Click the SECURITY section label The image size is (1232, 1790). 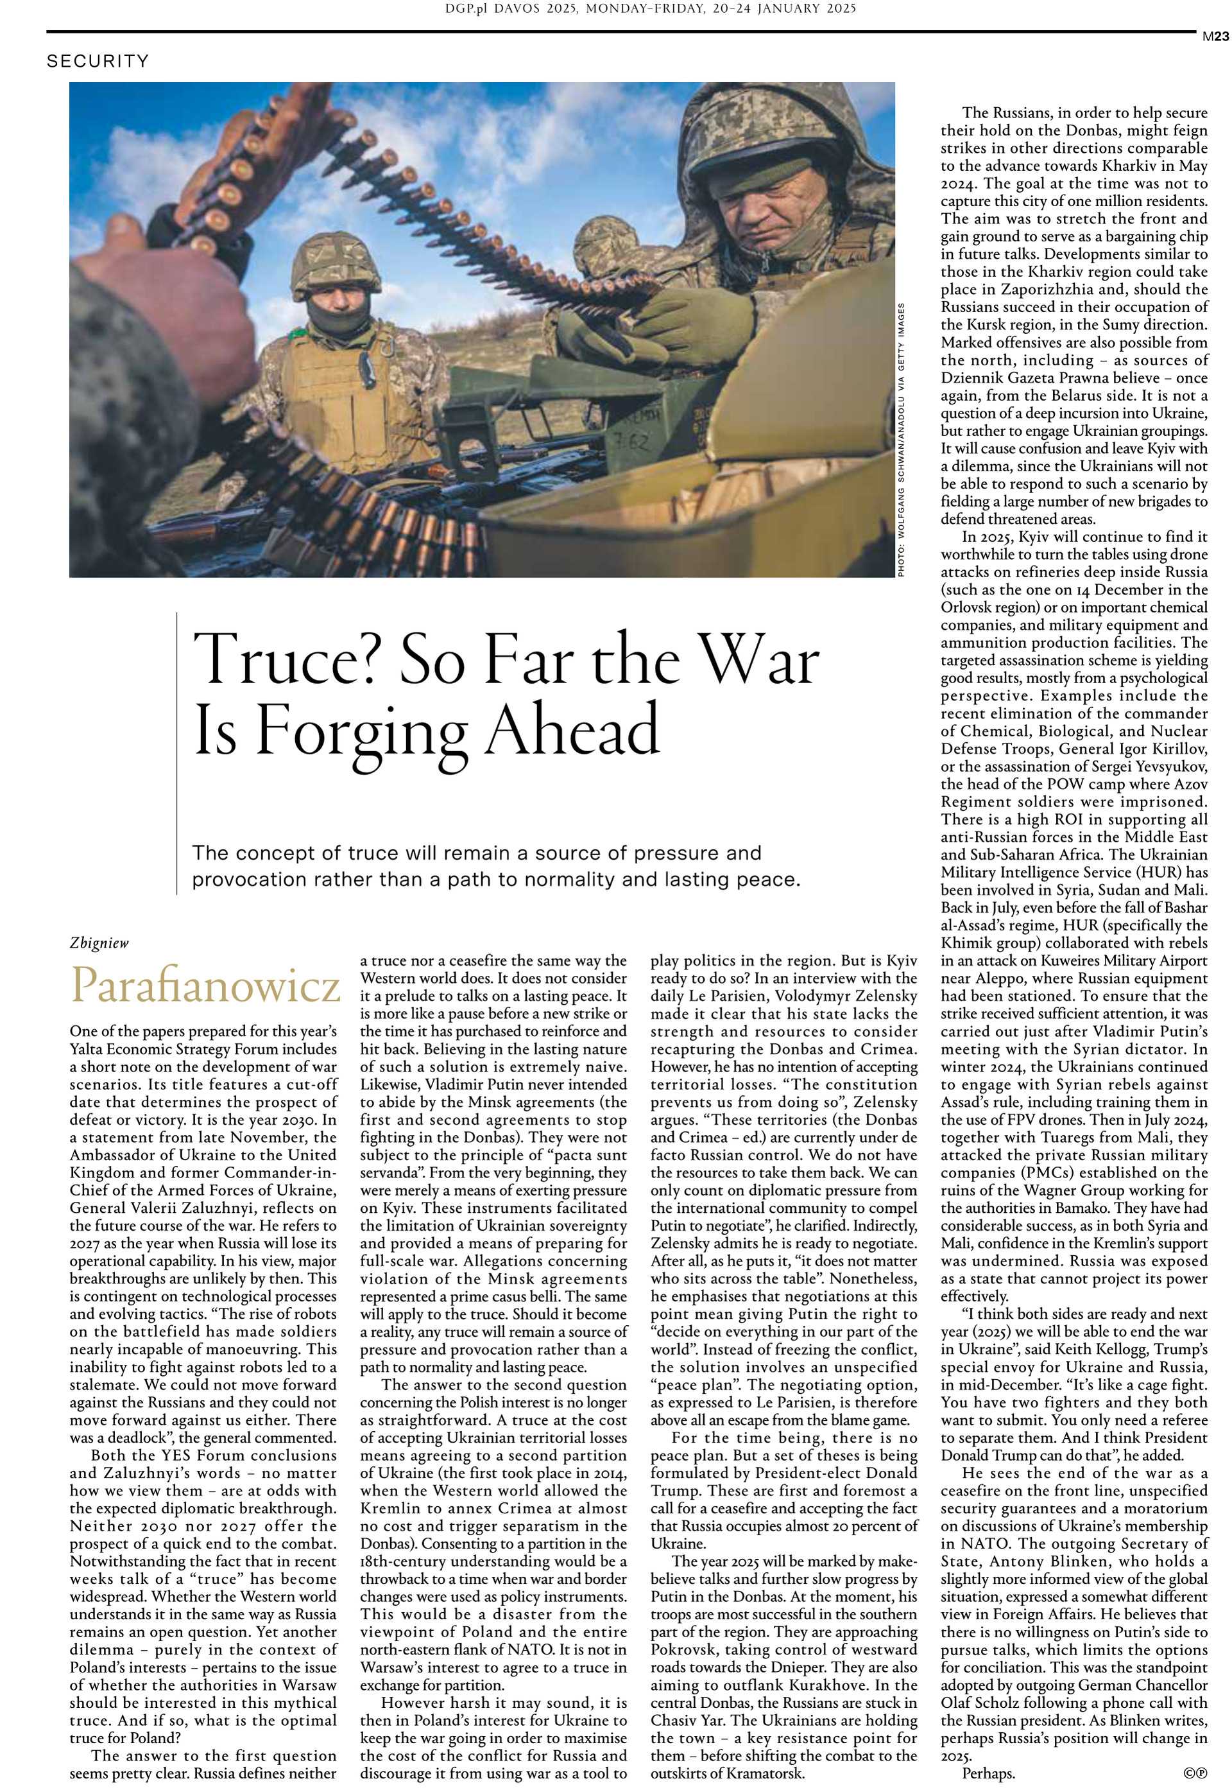click(x=98, y=61)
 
